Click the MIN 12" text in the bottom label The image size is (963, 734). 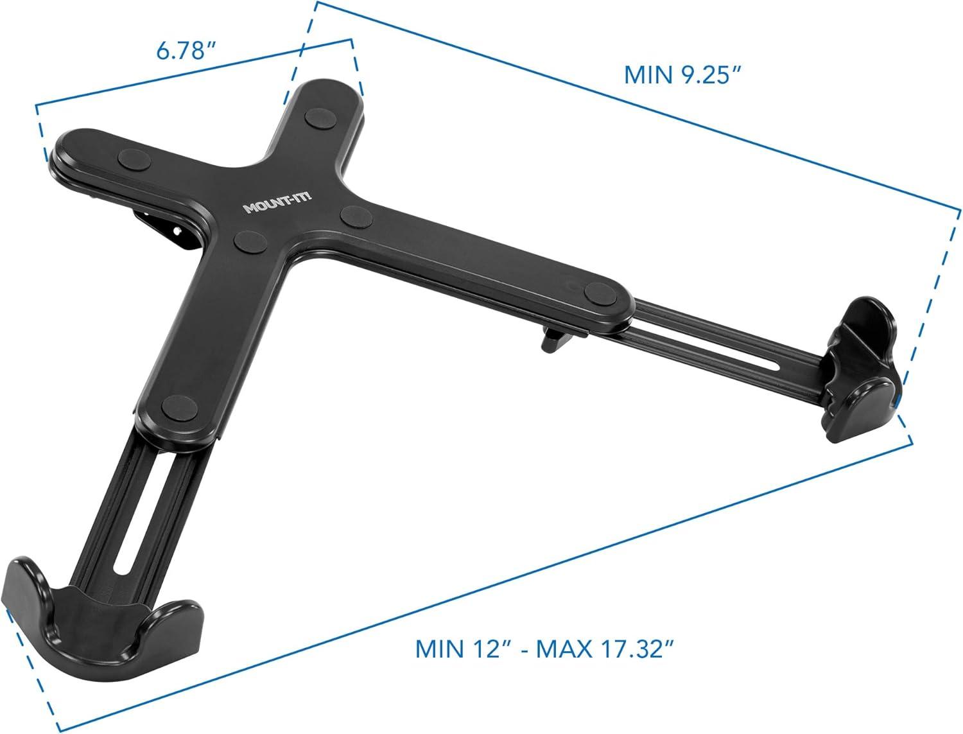[458, 649]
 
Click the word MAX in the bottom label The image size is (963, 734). [564, 649]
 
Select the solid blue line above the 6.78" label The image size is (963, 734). [193, 71]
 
